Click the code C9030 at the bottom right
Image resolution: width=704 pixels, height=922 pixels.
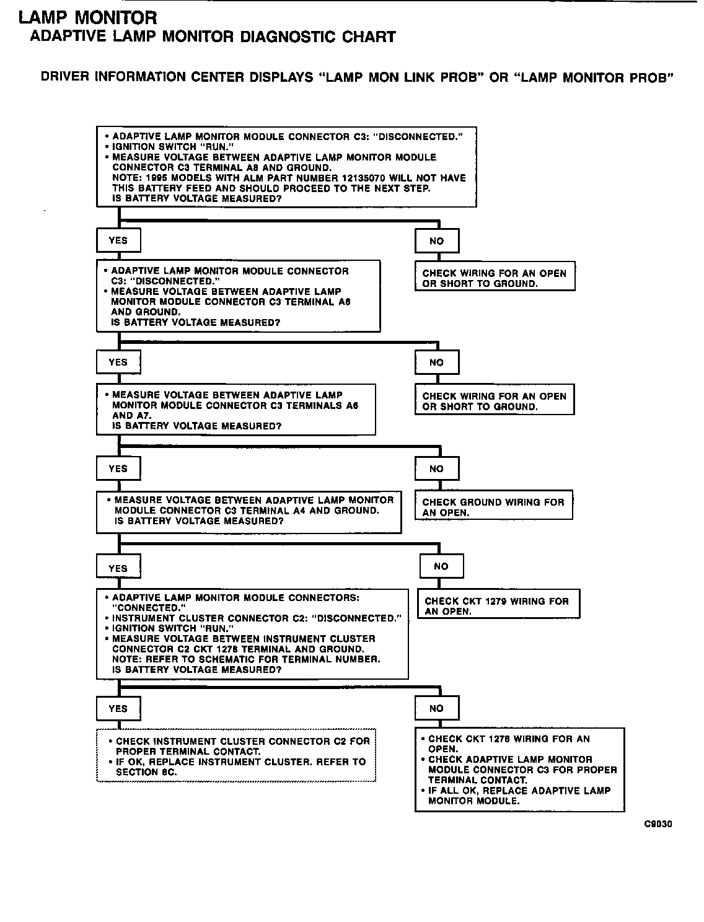coord(658,823)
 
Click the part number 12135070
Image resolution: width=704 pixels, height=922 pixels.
coord(370,178)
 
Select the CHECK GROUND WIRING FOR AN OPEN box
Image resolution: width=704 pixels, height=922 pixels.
coord(494,507)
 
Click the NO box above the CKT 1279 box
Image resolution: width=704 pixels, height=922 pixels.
coord(441,566)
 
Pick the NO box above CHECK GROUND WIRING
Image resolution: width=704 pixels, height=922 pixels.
coord(437,469)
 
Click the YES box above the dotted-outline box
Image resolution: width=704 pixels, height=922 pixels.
coord(118,709)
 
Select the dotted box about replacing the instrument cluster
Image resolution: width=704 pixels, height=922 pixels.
coord(236,755)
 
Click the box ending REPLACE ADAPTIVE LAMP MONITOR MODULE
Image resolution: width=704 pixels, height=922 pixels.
coord(519,770)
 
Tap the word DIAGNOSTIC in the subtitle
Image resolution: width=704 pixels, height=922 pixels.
coord(289,37)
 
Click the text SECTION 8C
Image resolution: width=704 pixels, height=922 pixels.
coord(146,772)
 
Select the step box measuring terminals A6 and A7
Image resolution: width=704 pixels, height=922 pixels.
coord(236,410)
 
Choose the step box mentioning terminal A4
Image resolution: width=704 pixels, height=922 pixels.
coord(249,511)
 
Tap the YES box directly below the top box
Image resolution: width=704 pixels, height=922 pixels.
coord(118,240)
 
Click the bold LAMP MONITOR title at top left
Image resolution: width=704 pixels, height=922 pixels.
coord(88,18)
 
